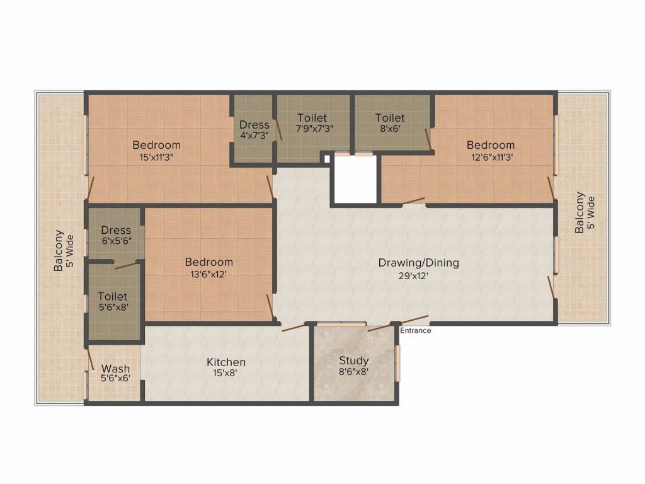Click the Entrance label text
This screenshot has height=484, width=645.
pyautogui.click(x=416, y=330)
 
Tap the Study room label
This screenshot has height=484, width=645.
pyautogui.click(x=354, y=360)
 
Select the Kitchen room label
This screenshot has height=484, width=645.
pyautogui.click(x=226, y=362)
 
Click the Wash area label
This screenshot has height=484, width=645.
pyautogui.click(x=116, y=369)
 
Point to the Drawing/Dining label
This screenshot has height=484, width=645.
pyautogui.click(x=418, y=263)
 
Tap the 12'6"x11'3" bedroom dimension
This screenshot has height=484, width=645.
pyautogui.click(x=491, y=158)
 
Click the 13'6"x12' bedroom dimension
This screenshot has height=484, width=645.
pyautogui.click(x=208, y=274)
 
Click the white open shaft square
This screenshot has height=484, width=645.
pyautogui.click(x=355, y=180)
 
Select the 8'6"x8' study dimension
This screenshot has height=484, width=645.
pyautogui.click(x=354, y=372)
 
